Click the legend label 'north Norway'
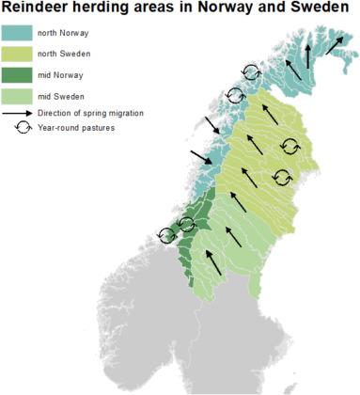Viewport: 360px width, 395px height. pos(59,33)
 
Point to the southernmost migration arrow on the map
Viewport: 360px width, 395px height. pos(215,262)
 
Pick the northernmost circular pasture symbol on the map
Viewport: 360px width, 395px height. pos(251,71)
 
